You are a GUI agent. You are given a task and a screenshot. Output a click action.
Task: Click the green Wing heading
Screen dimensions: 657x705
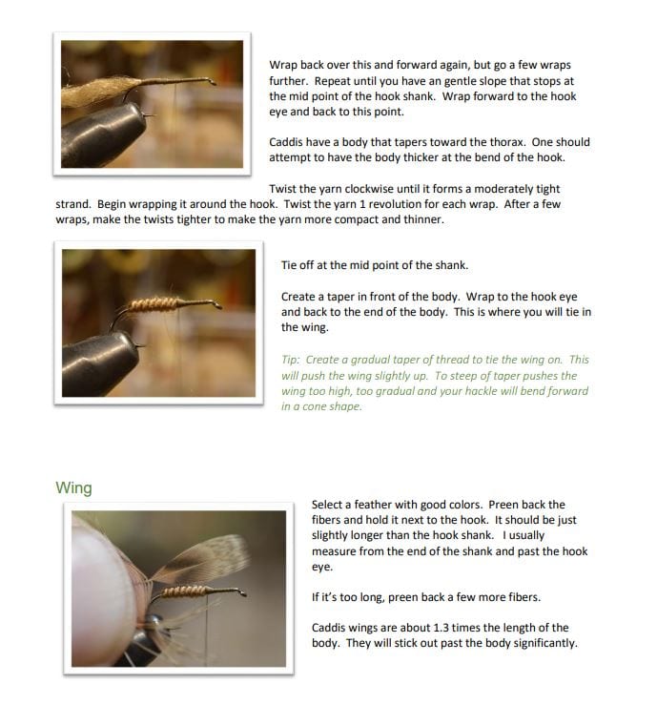(x=73, y=487)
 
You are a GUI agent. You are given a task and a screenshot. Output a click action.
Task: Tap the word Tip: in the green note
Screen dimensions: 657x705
(x=290, y=360)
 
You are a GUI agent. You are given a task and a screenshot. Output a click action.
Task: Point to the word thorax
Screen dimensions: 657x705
(x=508, y=142)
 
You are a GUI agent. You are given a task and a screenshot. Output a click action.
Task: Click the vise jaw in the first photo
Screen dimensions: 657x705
(x=102, y=135)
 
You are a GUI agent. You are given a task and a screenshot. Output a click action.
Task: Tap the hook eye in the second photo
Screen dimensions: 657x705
(x=217, y=304)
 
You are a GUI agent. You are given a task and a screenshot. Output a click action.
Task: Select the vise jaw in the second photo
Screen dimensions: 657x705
(x=100, y=364)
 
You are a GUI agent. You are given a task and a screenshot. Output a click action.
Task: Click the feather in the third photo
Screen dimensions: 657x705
(x=202, y=559)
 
